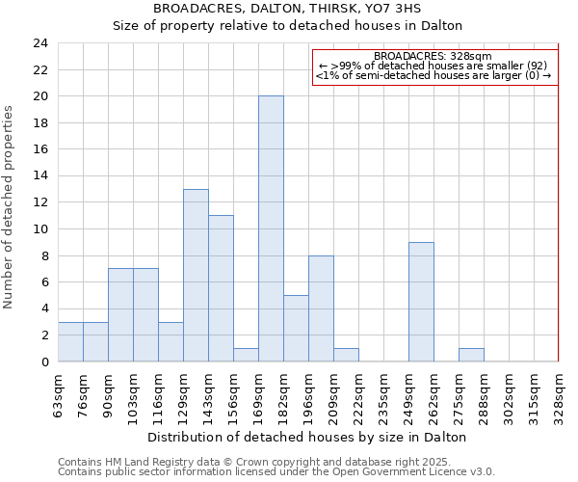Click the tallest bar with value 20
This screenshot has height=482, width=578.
(x=271, y=228)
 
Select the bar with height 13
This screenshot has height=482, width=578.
(x=196, y=275)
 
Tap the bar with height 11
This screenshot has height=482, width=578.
(x=221, y=288)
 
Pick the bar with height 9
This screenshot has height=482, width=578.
(x=421, y=302)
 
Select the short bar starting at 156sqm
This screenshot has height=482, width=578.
(x=246, y=355)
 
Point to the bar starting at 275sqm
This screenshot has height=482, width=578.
(x=471, y=355)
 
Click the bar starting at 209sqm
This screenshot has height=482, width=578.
(x=346, y=355)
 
